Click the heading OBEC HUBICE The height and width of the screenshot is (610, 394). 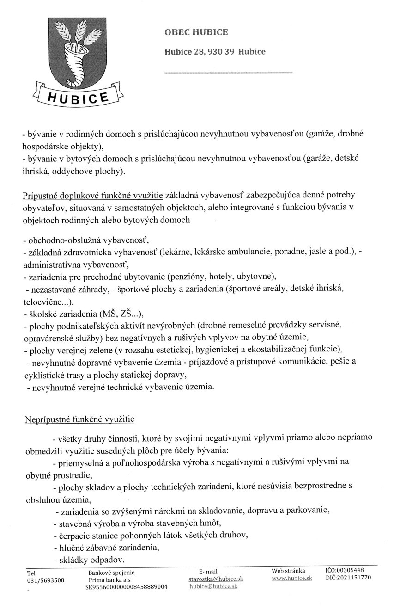click(x=196, y=32)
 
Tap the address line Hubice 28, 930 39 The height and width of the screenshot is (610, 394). click(x=215, y=52)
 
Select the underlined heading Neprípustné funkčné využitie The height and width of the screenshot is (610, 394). click(x=79, y=420)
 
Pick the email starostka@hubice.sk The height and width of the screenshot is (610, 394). click(x=216, y=579)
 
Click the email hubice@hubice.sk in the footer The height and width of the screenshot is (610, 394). click(x=213, y=586)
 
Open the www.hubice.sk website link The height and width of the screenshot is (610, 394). click(x=292, y=579)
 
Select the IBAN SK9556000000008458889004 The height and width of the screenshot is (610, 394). click(x=126, y=586)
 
